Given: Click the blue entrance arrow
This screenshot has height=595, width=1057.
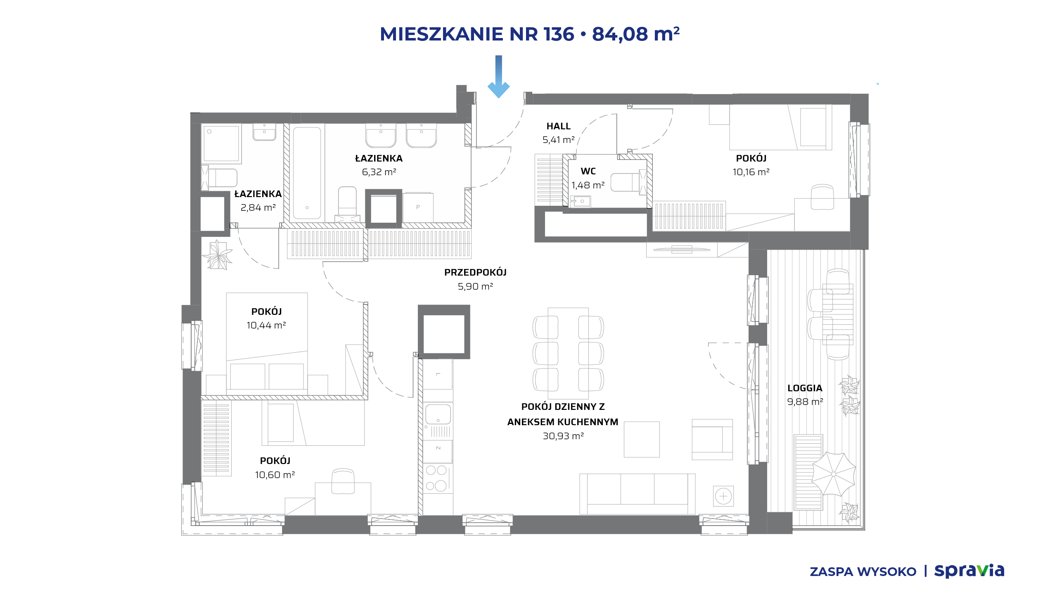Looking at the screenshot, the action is pos(499,76).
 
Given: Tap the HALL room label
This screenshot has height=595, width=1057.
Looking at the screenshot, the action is pos(558,126).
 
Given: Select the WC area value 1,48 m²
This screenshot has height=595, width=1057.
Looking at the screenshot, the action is pos(588,185).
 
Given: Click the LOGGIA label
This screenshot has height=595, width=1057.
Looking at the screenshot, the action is pos(805,388).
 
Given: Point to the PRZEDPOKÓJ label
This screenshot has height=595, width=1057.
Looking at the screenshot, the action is pos(475,272).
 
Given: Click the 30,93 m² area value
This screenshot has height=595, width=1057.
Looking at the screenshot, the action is pos(563,436).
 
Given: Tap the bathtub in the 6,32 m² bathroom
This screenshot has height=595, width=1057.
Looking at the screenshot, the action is pos(307,173).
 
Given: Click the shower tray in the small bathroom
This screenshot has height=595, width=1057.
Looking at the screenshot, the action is pos(222,143).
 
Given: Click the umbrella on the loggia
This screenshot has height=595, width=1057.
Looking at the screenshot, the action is pos(834,474).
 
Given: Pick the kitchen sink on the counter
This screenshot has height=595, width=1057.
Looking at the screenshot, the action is pos(438,414).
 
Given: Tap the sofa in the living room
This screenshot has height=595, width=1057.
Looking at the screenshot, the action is pos(637,494).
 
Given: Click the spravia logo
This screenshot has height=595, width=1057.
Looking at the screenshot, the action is pos(969,571).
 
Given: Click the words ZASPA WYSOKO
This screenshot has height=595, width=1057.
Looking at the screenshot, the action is pos(863,572).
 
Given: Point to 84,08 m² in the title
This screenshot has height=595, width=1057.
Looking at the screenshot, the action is pos(636,34).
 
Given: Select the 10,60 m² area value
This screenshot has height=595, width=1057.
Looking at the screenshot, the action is pos(275,475).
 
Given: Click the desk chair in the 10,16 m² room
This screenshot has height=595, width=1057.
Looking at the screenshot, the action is pos(822,197).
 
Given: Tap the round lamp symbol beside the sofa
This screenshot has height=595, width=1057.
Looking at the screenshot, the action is pos(723,496).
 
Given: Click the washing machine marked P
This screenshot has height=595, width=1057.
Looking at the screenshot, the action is pos(418,207).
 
